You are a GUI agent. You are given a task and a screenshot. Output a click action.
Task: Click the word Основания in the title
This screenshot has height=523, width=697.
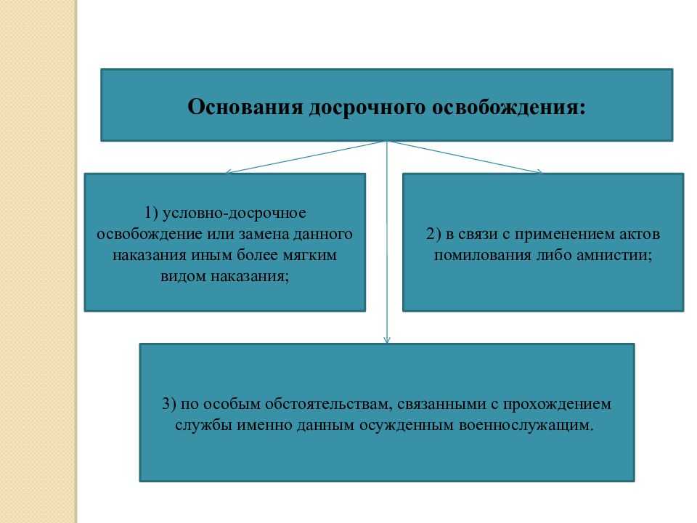pos(245,107)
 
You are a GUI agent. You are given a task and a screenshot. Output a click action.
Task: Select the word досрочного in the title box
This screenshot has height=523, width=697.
pos(367,108)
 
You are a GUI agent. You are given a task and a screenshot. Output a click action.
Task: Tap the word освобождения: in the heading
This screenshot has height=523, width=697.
pos(509,108)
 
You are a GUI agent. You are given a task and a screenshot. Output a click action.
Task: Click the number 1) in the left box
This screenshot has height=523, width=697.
pos(151,213)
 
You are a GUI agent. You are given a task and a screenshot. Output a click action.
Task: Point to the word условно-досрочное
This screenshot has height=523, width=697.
pos(235,214)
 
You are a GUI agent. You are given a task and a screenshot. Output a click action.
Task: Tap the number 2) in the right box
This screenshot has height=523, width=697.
pos(433,235)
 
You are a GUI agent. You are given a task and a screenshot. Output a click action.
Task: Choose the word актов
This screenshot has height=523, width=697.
pos(640,235)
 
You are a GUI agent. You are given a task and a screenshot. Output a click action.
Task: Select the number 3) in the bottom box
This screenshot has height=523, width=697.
pos(169,405)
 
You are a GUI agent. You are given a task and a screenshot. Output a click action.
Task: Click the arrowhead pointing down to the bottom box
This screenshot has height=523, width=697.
pos(387,340)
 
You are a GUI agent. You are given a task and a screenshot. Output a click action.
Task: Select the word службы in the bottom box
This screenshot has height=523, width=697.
pos(203,426)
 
